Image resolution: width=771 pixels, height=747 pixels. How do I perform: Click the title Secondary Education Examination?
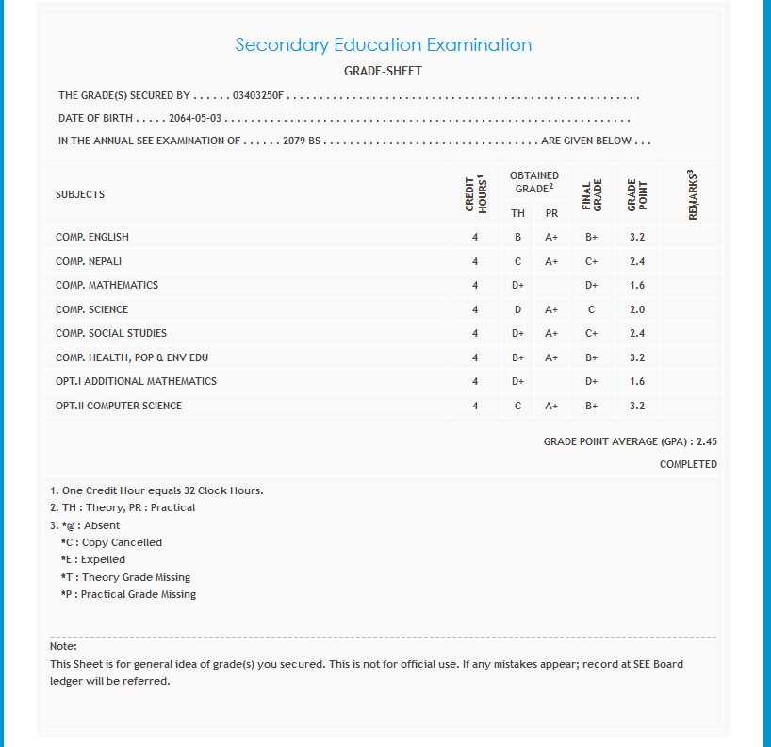click(x=383, y=44)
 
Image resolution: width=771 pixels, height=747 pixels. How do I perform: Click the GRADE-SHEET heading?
click(x=383, y=71)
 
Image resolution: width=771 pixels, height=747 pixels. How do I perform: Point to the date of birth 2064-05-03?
click(x=195, y=119)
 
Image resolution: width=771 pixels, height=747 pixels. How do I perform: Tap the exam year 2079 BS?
click(x=302, y=141)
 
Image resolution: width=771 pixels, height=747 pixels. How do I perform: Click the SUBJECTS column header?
click(x=80, y=194)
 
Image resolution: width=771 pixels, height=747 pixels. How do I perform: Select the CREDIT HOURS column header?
click(x=475, y=194)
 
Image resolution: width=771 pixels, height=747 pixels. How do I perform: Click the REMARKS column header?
click(x=693, y=195)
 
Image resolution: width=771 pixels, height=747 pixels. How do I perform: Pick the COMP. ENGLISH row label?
click(x=92, y=237)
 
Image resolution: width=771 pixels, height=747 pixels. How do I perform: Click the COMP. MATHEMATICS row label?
click(x=107, y=285)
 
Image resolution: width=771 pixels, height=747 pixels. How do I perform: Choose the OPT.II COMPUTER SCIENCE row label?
click(x=119, y=406)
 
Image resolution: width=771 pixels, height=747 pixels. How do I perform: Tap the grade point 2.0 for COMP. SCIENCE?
click(x=637, y=309)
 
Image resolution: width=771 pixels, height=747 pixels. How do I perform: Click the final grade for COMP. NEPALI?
click(x=591, y=261)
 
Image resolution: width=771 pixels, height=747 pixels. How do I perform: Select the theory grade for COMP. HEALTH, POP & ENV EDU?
click(x=518, y=357)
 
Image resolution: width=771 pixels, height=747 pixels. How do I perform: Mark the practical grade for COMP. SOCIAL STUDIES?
click(x=551, y=333)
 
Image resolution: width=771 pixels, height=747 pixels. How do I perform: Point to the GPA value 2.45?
click(x=707, y=441)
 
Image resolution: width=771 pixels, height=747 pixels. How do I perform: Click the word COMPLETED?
click(x=688, y=464)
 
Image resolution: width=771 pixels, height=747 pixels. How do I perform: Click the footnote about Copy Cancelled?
click(x=111, y=542)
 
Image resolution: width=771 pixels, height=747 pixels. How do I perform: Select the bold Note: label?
click(x=63, y=646)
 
